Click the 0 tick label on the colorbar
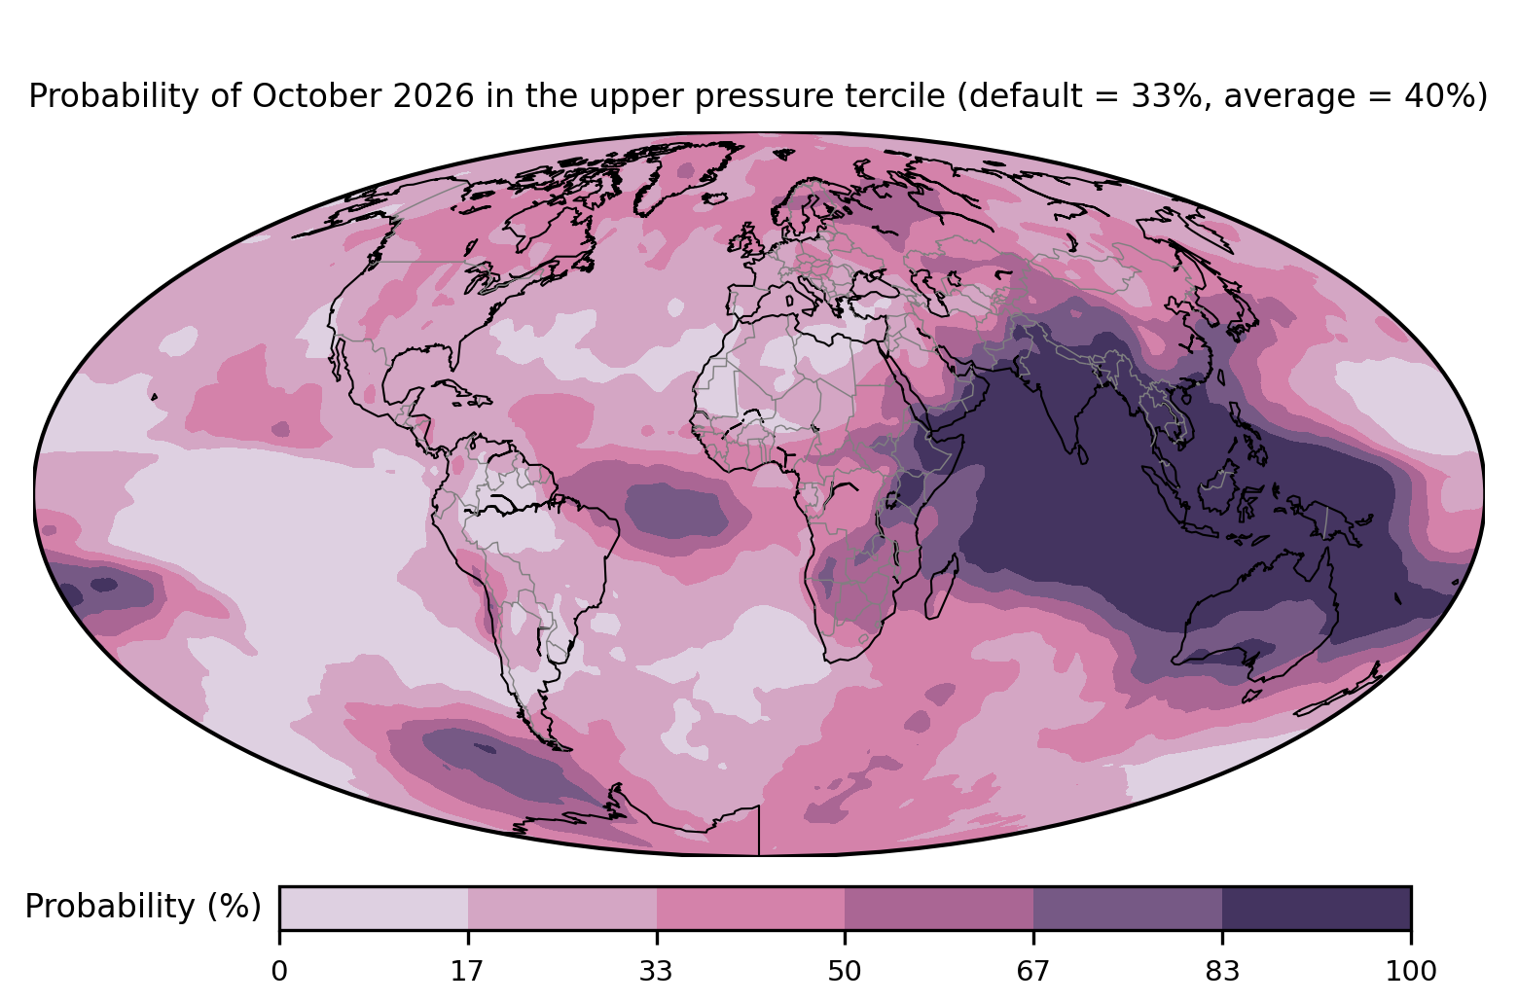click(x=279, y=972)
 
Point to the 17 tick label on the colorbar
click(x=468, y=972)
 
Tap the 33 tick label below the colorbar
click(x=656, y=972)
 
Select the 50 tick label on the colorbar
click(x=845, y=972)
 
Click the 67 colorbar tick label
click(x=1032, y=972)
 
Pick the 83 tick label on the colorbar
click(x=1222, y=972)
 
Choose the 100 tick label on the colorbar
click(x=1411, y=972)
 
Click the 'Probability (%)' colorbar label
click(x=143, y=907)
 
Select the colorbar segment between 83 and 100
click(x=1317, y=908)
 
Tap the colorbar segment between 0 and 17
click(x=374, y=908)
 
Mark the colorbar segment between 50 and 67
click(x=939, y=908)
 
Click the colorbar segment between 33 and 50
click(x=750, y=908)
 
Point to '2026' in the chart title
click(x=433, y=95)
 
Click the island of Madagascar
click(x=941, y=586)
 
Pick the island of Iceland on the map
click(x=715, y=198)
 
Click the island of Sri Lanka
click(x=1081, y=453)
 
